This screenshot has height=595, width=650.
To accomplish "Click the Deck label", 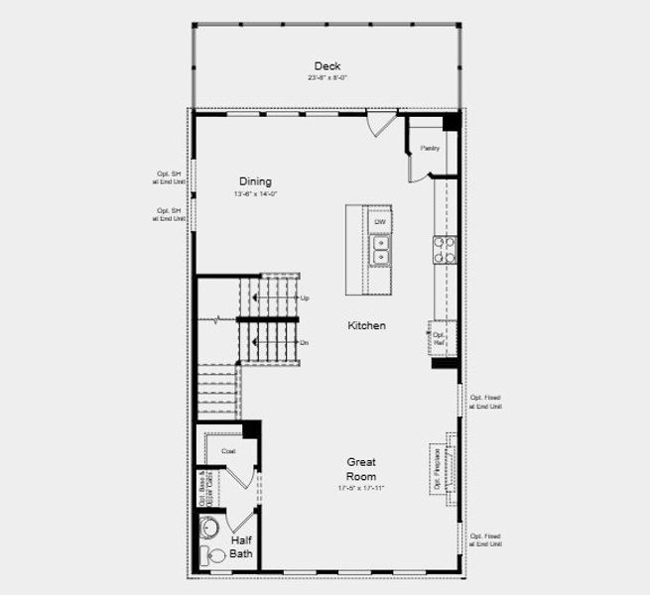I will click(x=327, y=65).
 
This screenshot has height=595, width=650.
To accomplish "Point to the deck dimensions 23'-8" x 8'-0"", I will click(x=327, y=77).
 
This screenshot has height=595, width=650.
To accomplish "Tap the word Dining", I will click(x=255, y=181).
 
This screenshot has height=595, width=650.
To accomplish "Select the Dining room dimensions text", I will click(x=255, y=194).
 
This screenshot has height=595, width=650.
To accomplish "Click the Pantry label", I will click(x=429, y=148).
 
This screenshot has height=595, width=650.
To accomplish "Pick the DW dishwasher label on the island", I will click(x=379, y=221).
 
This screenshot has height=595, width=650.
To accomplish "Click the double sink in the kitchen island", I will click(x=379, y=249).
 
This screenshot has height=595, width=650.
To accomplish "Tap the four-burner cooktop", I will click(x=444, y=248).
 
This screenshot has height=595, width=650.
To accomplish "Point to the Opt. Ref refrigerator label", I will click(x=440, y=338).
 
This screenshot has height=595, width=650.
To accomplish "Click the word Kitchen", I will click(x=366, y=325).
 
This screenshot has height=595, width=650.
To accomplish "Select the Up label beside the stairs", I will click(x=305, y=297).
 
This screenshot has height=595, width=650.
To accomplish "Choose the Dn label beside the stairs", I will click(x=305, y=342).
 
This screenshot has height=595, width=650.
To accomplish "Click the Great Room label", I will click(x=361, y=469).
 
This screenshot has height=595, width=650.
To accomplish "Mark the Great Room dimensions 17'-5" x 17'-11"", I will click(x=361, y=489).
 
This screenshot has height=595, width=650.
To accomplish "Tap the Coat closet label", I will click(x=228, y=451).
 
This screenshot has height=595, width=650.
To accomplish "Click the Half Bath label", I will click(x=242, y=547).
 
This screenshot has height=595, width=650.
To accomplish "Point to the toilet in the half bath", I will click(x=208, y=555).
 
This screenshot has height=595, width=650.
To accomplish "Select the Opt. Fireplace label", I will click(x=437, y=468).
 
